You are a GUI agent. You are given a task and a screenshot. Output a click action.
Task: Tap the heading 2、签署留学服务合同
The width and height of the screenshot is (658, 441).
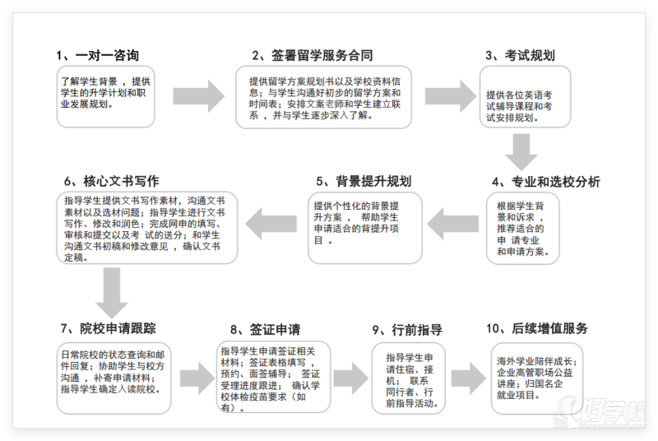click(x=313, y=56)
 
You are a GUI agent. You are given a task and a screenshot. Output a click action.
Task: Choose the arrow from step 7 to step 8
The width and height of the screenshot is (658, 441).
click(x=197, y=378)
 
